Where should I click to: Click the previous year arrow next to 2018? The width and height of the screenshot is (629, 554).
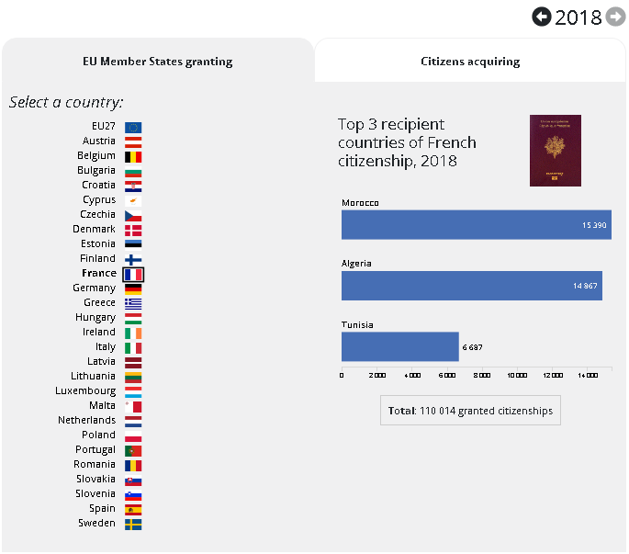tap(542, 17)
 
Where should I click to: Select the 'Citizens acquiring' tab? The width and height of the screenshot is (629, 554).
tap(470, 62)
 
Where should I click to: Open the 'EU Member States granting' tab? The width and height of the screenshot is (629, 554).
tap(158, 62)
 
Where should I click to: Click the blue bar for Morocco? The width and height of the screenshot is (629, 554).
tap(476, 225)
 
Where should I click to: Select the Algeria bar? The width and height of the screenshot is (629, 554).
tap(471, 286)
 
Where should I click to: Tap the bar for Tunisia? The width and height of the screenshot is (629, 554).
tap(399, 346)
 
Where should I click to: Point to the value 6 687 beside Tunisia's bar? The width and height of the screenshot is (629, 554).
tap(472, 347)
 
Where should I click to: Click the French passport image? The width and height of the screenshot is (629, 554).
tap(555, 151)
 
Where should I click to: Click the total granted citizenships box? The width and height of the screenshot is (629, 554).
tap(470, 411)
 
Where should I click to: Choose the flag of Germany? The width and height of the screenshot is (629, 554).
tap(133, 288)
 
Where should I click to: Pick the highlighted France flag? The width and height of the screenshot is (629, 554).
tap(133, 274)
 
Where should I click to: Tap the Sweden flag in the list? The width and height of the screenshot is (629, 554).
tap(133, 524)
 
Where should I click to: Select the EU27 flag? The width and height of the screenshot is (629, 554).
tap(133, 127)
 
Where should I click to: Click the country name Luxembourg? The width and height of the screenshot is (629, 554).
tap(85, 390)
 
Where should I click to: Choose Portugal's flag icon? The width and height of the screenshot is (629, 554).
tap(133, 450)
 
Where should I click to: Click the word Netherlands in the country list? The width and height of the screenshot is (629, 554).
tap(87, 420)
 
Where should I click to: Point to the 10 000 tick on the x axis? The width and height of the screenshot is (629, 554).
tap(517, 375)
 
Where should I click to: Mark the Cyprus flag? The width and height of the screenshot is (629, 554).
tap(133, 200)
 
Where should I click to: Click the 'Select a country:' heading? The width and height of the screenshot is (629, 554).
tap(66, 102)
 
